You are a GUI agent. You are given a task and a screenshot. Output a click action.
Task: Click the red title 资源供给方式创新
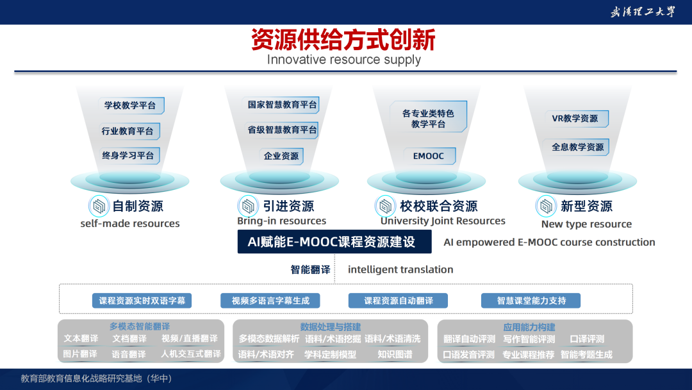coord(343,40)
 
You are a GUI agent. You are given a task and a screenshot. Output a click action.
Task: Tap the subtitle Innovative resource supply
coord(344,60)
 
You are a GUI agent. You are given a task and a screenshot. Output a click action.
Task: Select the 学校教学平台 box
coord(131,106)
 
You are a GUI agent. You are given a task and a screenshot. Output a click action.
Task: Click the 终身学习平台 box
coord(129,155)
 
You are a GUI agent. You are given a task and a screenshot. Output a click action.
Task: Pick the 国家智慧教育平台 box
coord(281,105)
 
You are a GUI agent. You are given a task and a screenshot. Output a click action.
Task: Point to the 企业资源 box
coord(281,156)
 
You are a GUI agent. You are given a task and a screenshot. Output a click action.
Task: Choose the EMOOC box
coord(429,156)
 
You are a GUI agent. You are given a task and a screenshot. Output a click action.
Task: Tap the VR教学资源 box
coord(576,119)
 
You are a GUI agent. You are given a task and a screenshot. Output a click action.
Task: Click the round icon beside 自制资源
coord(99,206)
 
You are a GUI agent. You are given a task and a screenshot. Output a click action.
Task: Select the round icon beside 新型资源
coord(546,206)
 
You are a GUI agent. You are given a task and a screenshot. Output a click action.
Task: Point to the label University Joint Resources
coord(443,221)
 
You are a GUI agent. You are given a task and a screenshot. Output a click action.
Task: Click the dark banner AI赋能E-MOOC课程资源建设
coord(334,242)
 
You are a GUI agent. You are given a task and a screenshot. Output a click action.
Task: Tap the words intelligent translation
coord(400,269)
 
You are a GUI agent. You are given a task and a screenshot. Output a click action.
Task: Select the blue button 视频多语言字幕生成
coord(270,301)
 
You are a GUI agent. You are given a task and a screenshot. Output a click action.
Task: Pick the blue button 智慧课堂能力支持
coord(531,301)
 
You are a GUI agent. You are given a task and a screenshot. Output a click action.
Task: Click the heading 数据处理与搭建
coord(330,327)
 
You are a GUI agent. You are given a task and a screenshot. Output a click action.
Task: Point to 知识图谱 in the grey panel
coord(395,354)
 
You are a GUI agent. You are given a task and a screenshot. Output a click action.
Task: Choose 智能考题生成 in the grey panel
coord(586,355)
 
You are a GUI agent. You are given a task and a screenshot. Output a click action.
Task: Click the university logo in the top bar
coord(643,12)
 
